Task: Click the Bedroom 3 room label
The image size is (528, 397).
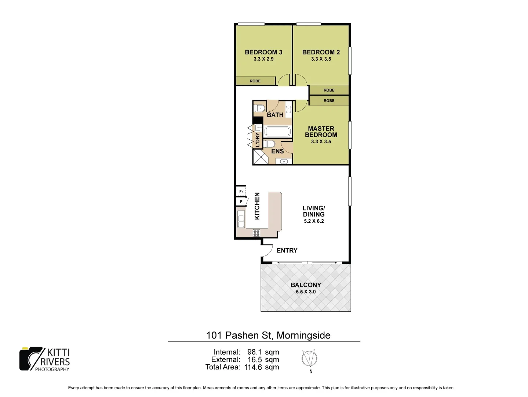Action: click(x=263, y=52)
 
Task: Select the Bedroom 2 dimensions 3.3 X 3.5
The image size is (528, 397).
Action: click(x=321, y=59)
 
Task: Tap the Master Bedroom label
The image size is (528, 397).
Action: click(x=321, y=132)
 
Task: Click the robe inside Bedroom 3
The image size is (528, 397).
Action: click(x=255, y=81)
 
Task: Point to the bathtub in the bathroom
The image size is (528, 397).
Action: click(x=277, y=132)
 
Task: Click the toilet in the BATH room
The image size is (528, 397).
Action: click(x=260, y=108)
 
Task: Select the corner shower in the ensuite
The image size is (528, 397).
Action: click(x=260, y=157)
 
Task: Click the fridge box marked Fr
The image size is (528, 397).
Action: click(x=241, y=192)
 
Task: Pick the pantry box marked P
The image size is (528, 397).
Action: click(x=241, y=201)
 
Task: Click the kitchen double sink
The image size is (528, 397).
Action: click(x=241, y=219)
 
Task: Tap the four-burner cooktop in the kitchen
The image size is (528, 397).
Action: click(x=256, y=232)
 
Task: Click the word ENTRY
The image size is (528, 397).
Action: click(x=287, y=250)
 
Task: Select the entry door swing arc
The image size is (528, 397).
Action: click(x=267, y=251)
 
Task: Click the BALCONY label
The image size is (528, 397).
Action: click(x=306, y=285)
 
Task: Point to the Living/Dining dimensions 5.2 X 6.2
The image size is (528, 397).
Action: click(x=314, y=221)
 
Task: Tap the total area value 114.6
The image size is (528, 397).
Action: click(x=253, y=367)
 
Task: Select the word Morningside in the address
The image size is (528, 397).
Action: click(x=303, y=335)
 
